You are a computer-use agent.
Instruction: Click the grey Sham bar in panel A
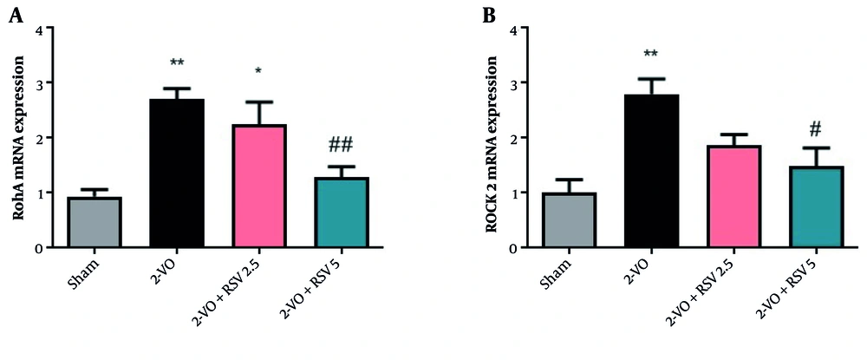click(x=95, y=222)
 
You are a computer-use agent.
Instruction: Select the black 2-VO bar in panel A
click(x=178, y=173)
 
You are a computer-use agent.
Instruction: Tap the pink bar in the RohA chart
click(x=260, y=187)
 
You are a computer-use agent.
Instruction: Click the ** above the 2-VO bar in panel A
click(x=178, y=63)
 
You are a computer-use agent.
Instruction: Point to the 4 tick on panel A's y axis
click(x=37, y=29)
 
